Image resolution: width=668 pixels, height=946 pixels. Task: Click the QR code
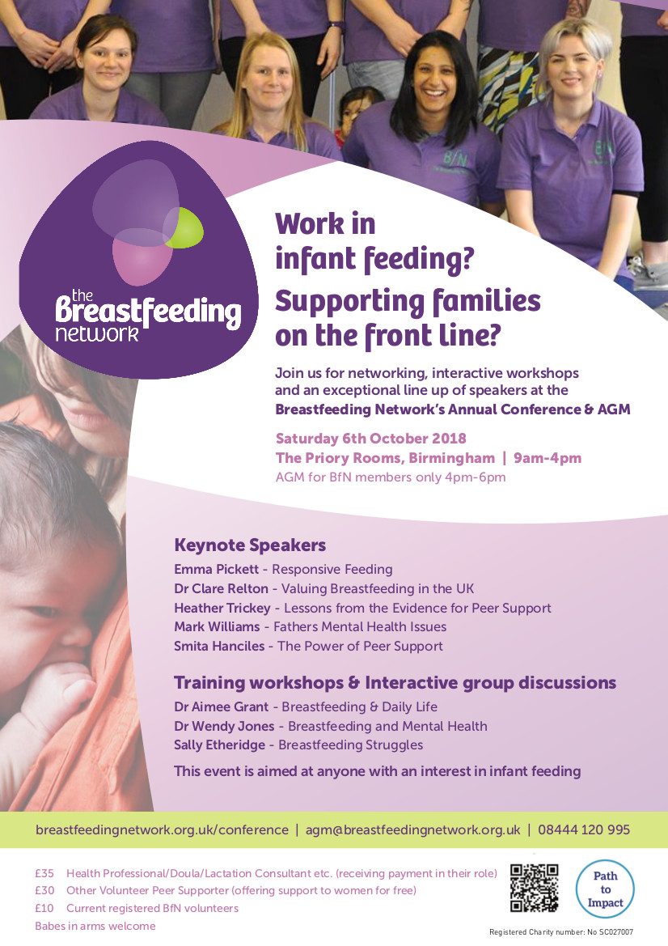coord(535,888)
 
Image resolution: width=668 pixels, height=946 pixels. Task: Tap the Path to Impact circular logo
coord(605,889)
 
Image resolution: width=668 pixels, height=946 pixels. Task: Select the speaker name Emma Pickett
coord(217,569)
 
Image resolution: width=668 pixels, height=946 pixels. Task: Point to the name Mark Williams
coord(217,627)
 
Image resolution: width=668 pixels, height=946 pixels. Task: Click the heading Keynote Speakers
coord(250,545)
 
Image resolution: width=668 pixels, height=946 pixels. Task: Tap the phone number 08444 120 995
coord(584,829)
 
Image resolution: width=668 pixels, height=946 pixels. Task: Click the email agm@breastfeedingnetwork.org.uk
coord(413,830)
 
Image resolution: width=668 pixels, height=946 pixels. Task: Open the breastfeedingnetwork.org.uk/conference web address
coord(163,830)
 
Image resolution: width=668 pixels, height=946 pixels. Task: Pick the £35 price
coord(44,873)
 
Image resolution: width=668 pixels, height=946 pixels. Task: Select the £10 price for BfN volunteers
coord(44,908)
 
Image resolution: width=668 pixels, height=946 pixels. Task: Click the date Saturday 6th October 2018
coord(370,439)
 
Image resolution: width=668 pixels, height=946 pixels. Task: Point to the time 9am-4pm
coord(548,458)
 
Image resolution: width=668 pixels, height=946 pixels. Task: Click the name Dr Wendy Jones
coord(224,726)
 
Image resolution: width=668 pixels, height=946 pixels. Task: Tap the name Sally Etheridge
coord(219,745)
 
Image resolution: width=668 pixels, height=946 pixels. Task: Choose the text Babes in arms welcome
coord(95,926)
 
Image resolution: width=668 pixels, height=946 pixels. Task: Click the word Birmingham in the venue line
coord(451,458)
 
